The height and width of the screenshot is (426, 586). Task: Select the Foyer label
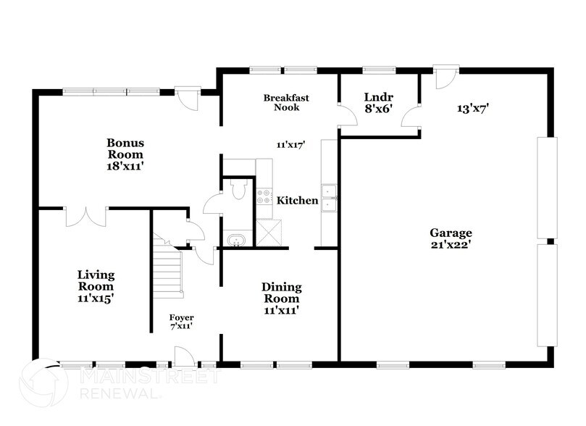[x=181, y=317]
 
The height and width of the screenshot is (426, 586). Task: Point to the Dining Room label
[x=281, y=293]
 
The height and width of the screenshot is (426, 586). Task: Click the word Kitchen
[x=298, y=200]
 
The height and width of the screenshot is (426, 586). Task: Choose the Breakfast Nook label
[x=281, y=102]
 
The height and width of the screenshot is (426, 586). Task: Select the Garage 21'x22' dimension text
[x=451, y=245]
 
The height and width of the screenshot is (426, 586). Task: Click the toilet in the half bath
[x=238, y=190]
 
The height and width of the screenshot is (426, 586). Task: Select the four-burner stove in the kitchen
[x=264, y=197]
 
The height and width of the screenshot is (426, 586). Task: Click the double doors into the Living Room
[x=86, y=217]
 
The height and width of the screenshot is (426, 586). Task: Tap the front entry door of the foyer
[x=183, y=356]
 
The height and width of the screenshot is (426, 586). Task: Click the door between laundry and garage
[x=411, y=115]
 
